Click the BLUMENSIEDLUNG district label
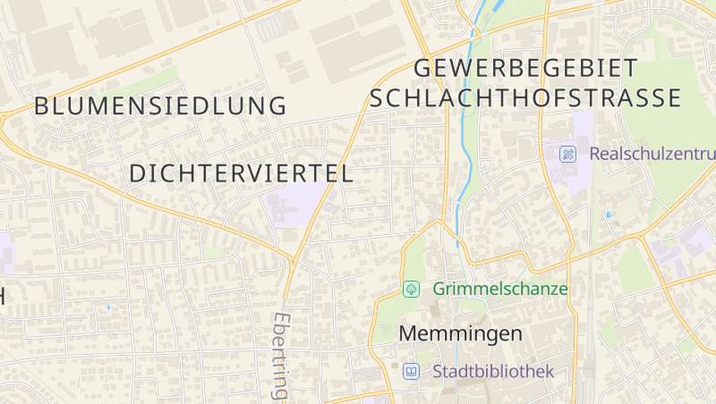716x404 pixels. click(160, 106)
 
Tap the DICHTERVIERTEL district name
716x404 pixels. click(242, 174)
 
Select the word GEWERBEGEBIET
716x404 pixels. click(526, 68)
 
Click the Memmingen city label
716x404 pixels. click(460, 334)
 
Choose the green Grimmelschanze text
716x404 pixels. click(500, 289)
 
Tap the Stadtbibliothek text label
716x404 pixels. click(493, 371)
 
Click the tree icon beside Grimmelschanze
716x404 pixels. click(412, 289)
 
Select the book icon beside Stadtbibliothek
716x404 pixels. click(411, 371)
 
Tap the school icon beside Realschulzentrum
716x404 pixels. click(567, 154)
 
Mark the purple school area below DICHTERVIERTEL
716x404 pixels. click(295, 205)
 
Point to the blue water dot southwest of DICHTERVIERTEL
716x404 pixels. click(108, 307)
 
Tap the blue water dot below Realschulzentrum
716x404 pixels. click(609, 215)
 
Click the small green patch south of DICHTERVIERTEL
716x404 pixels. click(215, 253)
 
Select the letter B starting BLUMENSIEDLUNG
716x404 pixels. click(42, 106)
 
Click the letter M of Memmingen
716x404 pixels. click(407, 334)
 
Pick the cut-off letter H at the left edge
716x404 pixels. click(3, 297)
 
